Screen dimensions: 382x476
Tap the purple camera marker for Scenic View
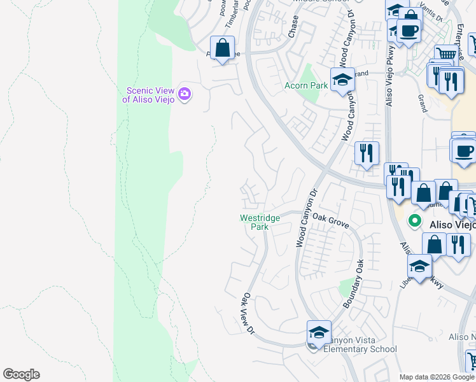coord(185,94)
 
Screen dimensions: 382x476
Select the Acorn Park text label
coord(306,85)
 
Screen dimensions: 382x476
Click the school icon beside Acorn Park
coord(342,81)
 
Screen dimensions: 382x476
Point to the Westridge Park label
coord(260,222)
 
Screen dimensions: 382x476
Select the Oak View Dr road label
coord(248,314)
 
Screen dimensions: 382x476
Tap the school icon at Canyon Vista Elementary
coord(319,333)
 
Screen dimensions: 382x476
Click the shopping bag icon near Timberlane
coord(223,48)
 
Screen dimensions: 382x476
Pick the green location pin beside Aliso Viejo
coord(415,222)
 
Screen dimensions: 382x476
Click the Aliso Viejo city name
coord(450,223)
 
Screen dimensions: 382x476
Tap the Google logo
coord(21,374)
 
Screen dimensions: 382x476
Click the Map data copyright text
coord(437,377)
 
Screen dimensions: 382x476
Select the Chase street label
coord(293,27)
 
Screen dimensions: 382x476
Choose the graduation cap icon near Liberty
coord(420,267)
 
